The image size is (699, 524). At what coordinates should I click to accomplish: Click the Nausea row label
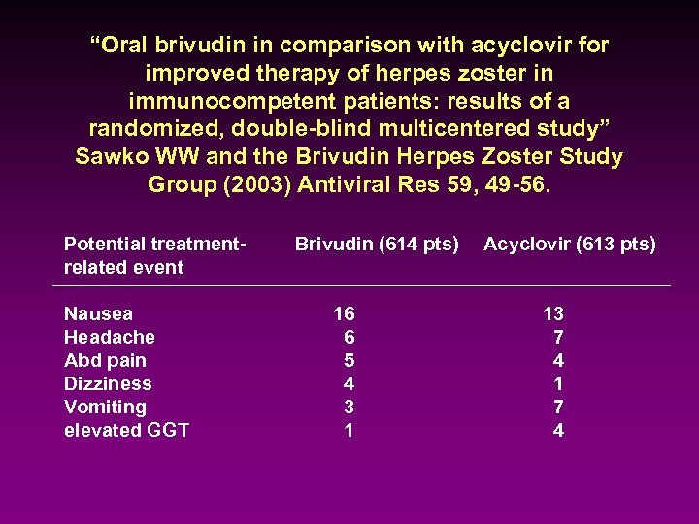pyautogui.click(x=98, y=313)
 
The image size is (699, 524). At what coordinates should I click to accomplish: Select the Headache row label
pyautogui.click(x=109, y=337)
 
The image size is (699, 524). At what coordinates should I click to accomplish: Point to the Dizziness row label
pyautogui.click(x=108, y=383)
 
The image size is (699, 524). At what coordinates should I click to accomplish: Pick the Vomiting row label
pyautogui.click(x=105, y=407)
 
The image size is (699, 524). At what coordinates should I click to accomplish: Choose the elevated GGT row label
pyautogui.click(x=126, y=430)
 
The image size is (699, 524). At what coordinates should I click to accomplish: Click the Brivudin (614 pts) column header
pyautogui.click(x=377, y=245)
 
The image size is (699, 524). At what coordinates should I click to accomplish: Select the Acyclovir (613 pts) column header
pyautogui.click(x=569, y=245)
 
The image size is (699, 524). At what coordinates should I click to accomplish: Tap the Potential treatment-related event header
pyautogui.click(x=152, y=255)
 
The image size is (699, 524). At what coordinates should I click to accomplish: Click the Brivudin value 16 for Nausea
pyautogui.click(x=344, y=313)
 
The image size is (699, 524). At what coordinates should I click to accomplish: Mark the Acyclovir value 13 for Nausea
pyautogui.click(x=553, y=313)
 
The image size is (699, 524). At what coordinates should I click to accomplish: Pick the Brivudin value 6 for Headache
pyautogui.click(x=349, y=337)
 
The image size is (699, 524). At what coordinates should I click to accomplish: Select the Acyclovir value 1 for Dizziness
pyautogui.click(x=558, y=383)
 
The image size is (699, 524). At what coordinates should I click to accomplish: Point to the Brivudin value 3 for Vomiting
pyautogui.click(x=349, y=407)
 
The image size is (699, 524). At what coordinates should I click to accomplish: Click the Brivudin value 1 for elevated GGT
pyautogui.click(x=349, y=430)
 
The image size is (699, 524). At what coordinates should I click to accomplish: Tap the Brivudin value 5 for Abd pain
pyautogui.click(x=349, y=360)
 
